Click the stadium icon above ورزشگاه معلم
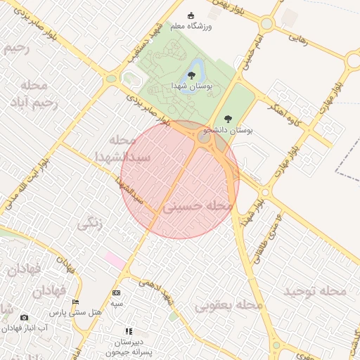coord(190,15)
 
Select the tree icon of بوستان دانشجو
coord(226,119)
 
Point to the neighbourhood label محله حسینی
coord(198,207)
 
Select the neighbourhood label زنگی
coord(89,224)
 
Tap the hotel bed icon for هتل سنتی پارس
coord(76,302)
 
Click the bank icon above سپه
coord(116,292)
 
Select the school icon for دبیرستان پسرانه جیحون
coord(128,330)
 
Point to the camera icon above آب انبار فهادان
coord(25,318)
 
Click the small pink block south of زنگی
coord(115,260)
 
